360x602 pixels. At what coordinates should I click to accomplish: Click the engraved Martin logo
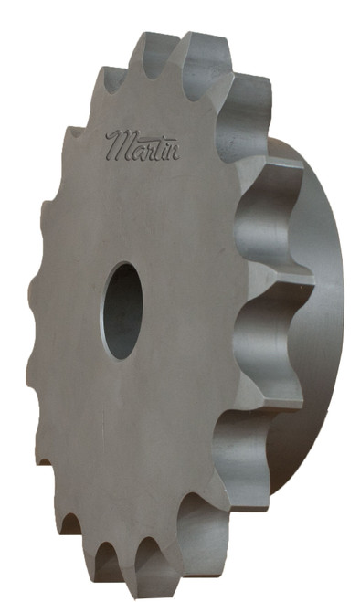coord(142,144)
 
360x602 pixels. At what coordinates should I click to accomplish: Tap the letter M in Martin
coord(118,144)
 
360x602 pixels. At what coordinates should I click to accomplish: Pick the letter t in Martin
coord(156,145)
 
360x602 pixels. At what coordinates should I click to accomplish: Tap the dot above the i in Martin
coord(166,138)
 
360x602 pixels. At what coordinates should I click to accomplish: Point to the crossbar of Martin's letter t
coord(157,140)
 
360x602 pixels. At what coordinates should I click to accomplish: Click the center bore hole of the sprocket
coord(122,311)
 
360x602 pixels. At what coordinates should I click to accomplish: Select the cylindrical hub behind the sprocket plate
coord(315,320)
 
